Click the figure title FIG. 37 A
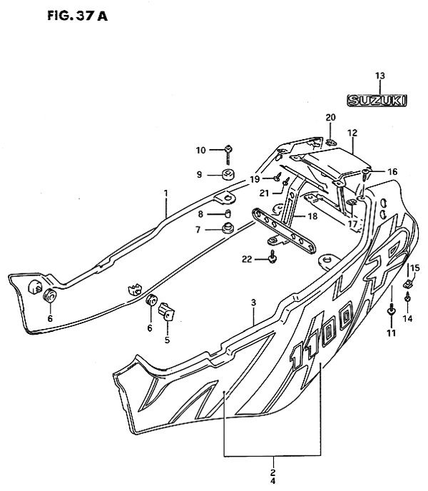tap(77, 16)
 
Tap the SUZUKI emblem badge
tap(377, 101)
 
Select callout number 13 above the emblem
tap(379, 76)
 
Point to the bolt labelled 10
tap(228, 154)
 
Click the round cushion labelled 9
tap(228, 175)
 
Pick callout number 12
tap(352, 133)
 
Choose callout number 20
tap(330, 118)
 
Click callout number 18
tap(312, 216)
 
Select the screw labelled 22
tap(272, 256)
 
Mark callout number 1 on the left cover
tap(166, 193)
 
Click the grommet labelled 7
tap(228, 228)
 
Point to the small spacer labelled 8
tap(228, 213)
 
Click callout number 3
tap(254, 303)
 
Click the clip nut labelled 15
tap(407, 284)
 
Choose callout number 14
tap(407, 319)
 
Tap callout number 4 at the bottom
tap(273, 480)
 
